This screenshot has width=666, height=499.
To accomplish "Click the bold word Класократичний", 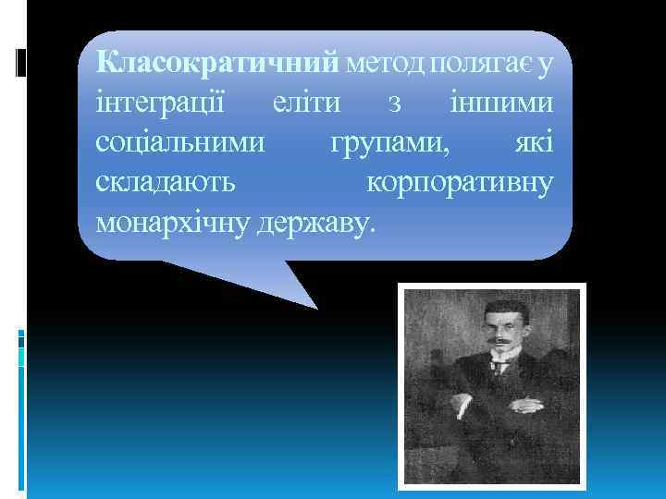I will point(219,64).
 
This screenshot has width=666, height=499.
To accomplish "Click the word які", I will point(536,143).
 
